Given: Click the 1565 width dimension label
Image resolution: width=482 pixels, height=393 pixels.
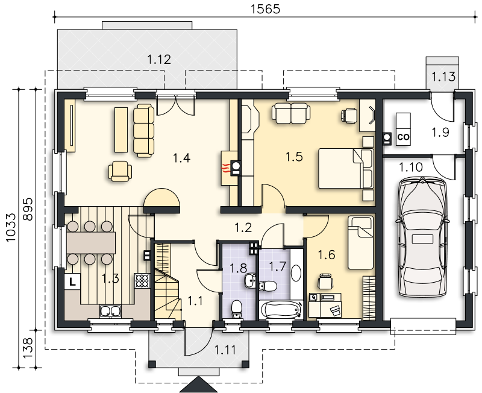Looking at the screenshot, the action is tap(266, 9).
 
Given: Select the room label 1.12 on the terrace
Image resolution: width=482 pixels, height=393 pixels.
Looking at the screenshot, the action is tap(159, 59).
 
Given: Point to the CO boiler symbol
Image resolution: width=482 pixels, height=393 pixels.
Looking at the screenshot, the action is tap(403, 137).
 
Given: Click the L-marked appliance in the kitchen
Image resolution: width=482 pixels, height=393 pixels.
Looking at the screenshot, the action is tap(72, 281).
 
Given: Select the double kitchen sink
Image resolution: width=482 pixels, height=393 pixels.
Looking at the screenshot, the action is tap(110, 311).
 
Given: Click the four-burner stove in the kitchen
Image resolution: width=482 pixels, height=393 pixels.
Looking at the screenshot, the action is tap(142, 281).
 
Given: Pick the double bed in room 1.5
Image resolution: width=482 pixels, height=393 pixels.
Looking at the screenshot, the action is tap(346, 168).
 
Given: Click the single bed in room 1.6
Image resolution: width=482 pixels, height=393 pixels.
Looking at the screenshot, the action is tap(360, 242).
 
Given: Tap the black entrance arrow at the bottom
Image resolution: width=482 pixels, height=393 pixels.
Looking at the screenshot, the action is tap(198, 385).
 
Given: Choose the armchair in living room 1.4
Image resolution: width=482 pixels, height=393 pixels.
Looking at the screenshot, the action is tap(120, 172).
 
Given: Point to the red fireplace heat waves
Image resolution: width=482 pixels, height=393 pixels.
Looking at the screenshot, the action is tap(226, 169).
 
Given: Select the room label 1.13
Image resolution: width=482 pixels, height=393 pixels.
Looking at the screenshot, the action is tap(443, 77).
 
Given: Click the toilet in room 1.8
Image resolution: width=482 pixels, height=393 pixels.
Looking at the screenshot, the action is tap(236, 309).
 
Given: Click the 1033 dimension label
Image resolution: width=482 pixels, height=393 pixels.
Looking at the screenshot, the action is tap(11, 228).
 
